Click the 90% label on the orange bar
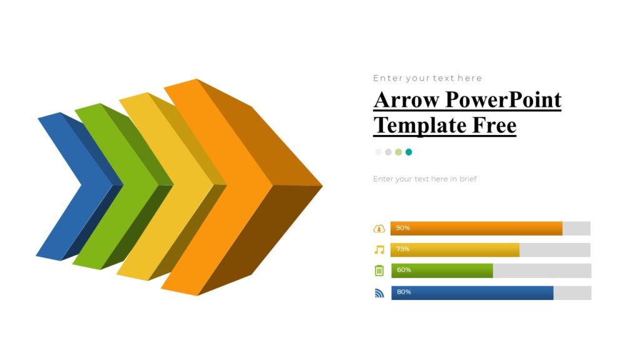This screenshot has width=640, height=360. tap(403, 228)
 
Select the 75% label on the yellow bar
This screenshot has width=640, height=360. tap(403, 249)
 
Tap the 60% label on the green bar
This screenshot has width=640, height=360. tap(404, 270)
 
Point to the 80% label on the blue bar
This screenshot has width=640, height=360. tap(404, 292)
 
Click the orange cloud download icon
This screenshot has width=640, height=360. tap(379, 229)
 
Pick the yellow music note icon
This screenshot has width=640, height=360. tap(379, 250)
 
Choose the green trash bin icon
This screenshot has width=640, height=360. tap(379, 271)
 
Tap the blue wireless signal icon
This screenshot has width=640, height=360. tap(379, 292)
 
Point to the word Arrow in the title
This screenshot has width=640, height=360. tap(406, 100)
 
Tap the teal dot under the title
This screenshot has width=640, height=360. tap(409, 152)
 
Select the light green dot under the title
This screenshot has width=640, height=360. tap(399, 152)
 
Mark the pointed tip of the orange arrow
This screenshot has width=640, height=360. tap(321, 186)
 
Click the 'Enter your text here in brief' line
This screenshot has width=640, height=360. tap(425, 179)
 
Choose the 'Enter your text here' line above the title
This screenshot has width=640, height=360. tap(427, 78)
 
